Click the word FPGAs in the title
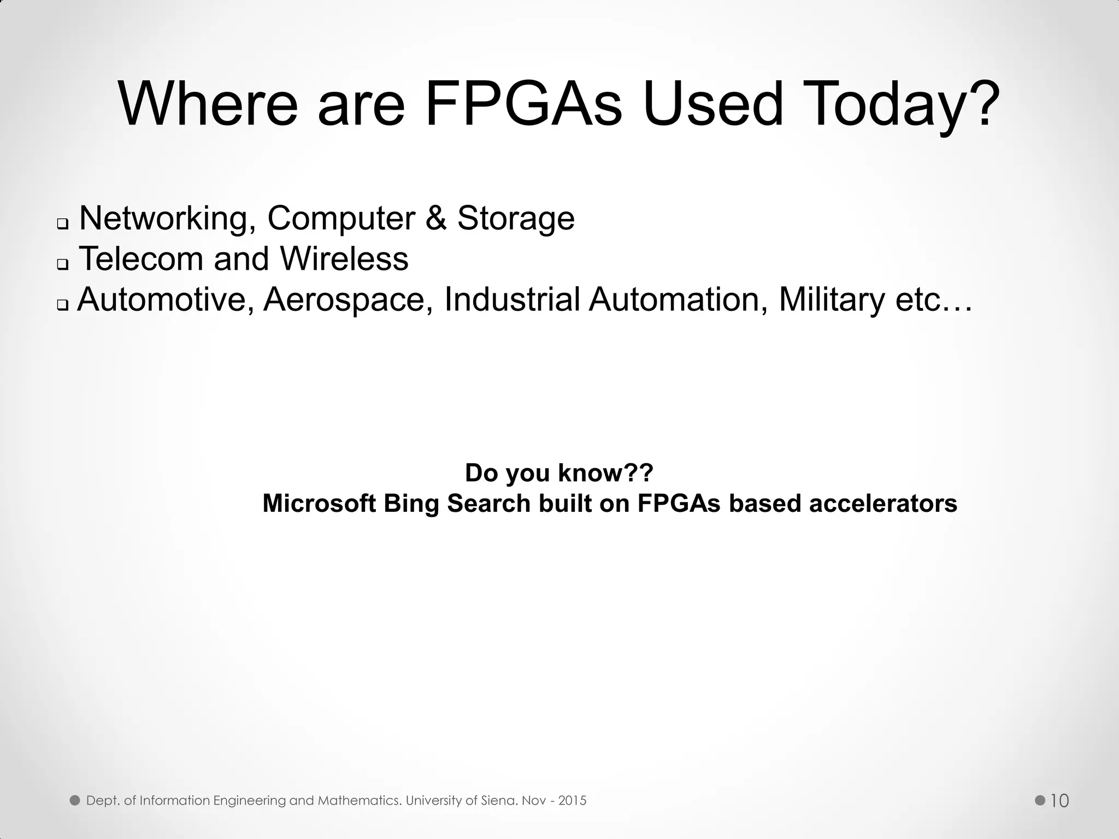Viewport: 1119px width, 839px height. coord(523,104)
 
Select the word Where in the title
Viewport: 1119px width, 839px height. coord(208,104)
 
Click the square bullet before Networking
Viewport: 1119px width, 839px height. coord(63,224)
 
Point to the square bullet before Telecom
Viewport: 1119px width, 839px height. coord(63,265)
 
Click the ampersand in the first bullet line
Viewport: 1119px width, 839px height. coord(435,218)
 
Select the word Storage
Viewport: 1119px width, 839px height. coord(516,219)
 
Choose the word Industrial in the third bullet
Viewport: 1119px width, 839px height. coord(512,299)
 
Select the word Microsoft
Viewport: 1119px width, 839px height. coord(319,503)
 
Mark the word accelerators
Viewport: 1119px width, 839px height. coord(883,503)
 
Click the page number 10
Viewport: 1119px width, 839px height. coord(1059,801)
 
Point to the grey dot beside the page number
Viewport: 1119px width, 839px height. coord(1040,800)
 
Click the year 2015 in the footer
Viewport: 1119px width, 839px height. coord(572,801)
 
